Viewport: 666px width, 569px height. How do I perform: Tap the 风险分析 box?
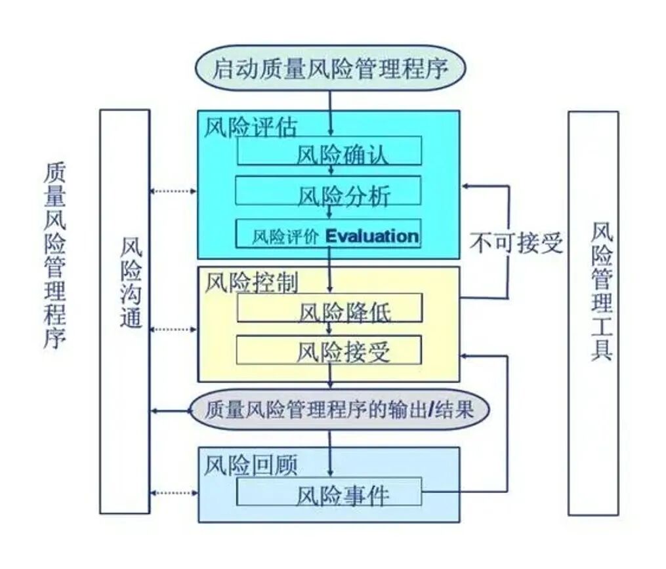(329, 194)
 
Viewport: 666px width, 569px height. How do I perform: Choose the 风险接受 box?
(329, 351)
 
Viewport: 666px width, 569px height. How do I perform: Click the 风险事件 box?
(329, 493)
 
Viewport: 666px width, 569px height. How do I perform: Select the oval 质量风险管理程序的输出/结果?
(339, 411)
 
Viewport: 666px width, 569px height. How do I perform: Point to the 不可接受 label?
(516, 243)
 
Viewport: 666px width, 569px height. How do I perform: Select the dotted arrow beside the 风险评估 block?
(173, 191)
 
